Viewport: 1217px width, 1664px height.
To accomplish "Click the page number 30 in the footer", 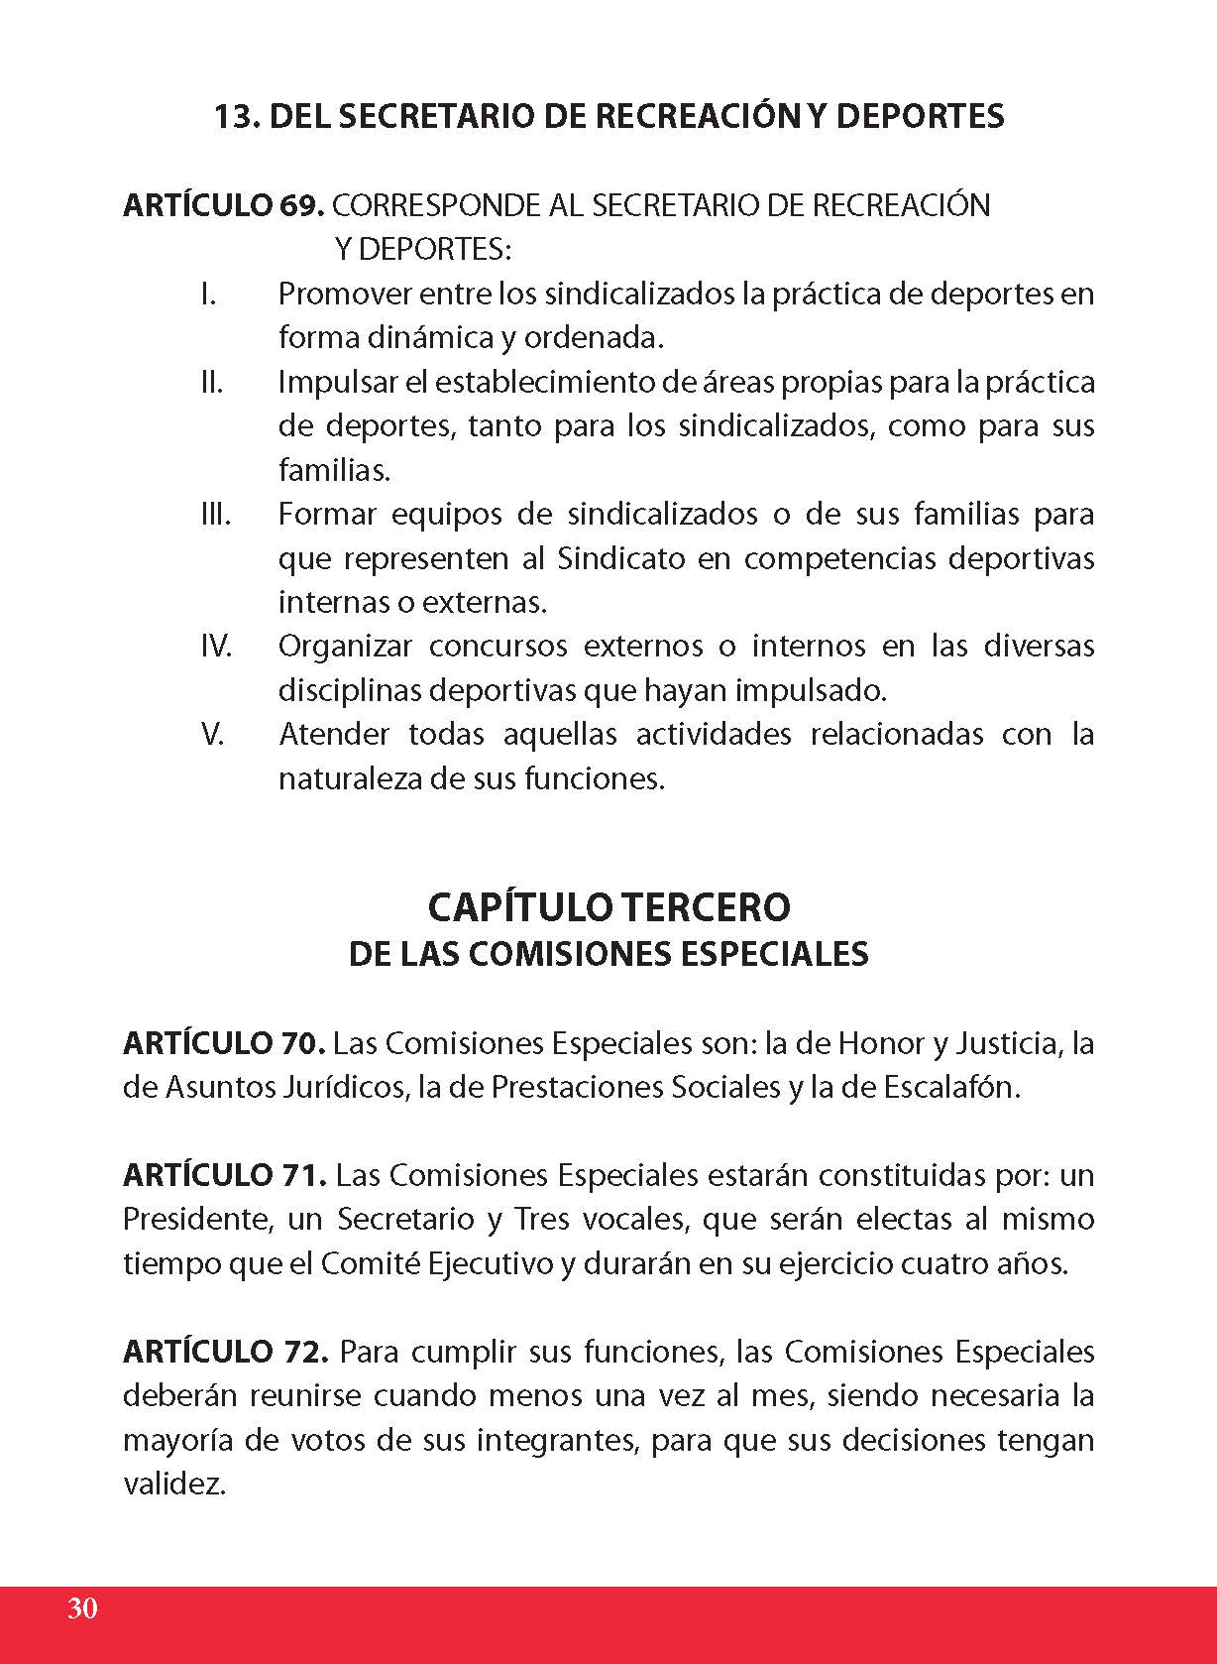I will (82, 1607).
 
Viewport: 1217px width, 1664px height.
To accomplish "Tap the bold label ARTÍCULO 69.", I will (223, 205).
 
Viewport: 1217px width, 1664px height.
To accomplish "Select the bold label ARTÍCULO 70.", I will (224, 1043).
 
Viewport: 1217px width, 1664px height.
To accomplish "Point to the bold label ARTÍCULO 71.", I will (224, 1175).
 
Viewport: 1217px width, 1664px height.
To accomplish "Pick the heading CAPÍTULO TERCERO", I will (608, 906).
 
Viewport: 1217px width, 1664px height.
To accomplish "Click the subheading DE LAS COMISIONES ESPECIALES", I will (608, 954).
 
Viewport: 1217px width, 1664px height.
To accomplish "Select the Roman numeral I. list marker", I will (208, 295).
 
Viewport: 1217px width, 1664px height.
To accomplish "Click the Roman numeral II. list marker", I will (211, 382).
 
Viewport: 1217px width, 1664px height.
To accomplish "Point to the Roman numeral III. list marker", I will (215, 515).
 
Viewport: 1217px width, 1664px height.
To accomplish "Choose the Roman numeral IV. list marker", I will (216, 647).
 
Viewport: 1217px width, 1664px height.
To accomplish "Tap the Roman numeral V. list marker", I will (212, 735).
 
